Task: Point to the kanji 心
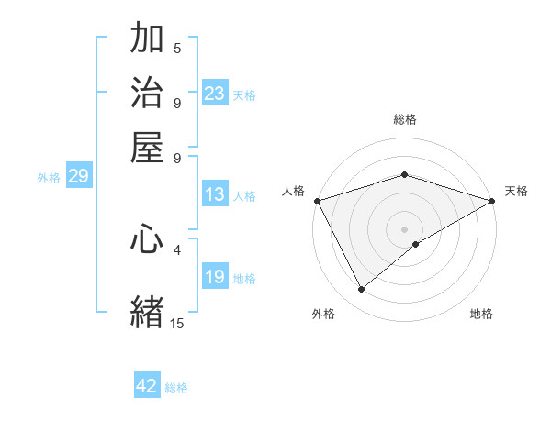point(148,239)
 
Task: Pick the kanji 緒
point(148,311)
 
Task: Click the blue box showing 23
point(215,94)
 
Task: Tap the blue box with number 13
point(215,194)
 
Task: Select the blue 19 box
point(215,278)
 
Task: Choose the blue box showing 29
point(78,177)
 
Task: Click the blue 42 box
point(147,386)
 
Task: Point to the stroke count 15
point(177,323)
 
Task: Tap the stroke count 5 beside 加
point(177,49)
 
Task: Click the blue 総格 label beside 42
point(176,388)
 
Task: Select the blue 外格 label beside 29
point(49,178)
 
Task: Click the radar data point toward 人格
point(316,201)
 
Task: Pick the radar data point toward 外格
point(362,290)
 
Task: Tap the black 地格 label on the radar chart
point(481,314)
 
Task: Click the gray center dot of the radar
point(404,228)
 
